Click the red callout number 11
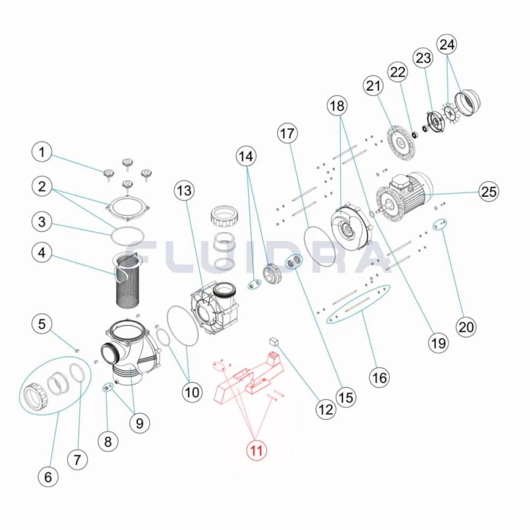256,451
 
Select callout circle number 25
488,191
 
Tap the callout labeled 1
42,153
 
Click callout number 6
48,477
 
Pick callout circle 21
374,86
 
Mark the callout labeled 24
447,45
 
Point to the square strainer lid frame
127,208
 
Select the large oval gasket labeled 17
321,246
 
